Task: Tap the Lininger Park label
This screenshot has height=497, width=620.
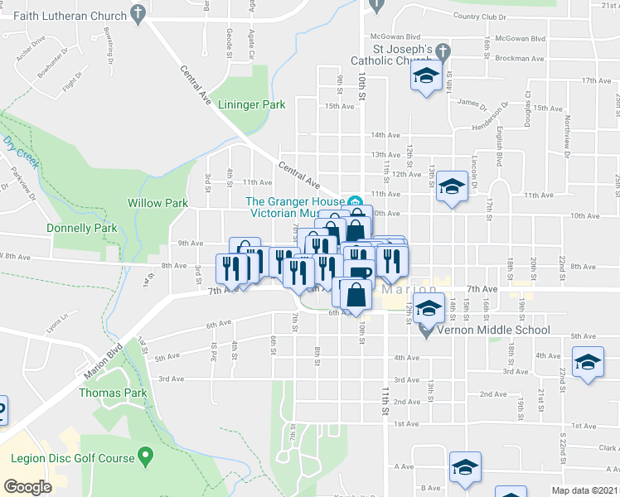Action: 252,105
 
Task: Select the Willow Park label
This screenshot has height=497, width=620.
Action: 157,203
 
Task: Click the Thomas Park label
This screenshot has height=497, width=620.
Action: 112,393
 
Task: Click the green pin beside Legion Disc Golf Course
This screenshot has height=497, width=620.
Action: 147,455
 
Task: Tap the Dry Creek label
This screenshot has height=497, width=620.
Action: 20,152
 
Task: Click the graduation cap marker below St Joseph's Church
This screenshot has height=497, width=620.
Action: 426,78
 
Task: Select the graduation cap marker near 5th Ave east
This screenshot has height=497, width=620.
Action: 589,363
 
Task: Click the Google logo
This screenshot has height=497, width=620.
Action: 27,487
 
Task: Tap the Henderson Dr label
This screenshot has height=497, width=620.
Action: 485,117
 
